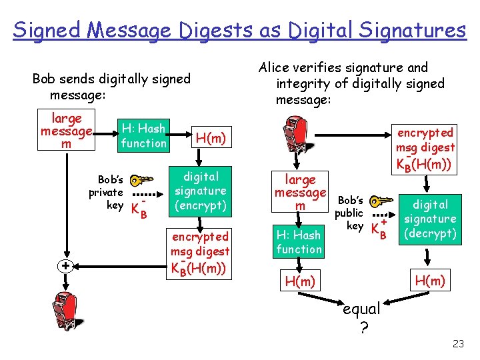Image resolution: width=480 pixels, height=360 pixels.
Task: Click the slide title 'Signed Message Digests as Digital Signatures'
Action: coord(239,30)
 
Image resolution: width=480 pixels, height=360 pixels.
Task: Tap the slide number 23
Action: coord(457,344)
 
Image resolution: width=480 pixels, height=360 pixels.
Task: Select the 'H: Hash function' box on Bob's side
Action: coord(144,136)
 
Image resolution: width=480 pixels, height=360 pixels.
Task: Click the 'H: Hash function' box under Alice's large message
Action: coord(299,241)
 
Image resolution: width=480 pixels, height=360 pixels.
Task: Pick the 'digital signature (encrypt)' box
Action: coord(200,191)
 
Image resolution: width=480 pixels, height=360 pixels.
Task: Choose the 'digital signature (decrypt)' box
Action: coord(430,219)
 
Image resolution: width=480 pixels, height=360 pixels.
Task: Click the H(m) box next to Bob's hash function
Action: coord(211,138)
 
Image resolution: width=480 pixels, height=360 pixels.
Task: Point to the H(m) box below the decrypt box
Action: coord(430,281)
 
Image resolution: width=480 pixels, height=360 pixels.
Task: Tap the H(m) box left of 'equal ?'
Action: coord(299,281)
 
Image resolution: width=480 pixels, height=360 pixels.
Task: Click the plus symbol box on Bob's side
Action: coord(65,266)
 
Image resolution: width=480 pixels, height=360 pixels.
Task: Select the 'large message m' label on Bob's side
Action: coord(66,131)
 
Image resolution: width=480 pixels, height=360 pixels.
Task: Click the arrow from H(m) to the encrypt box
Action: coord(201,157)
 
